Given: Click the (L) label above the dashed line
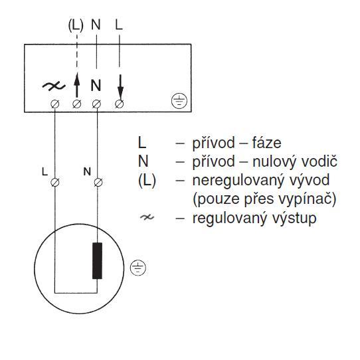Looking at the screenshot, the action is [76, 25].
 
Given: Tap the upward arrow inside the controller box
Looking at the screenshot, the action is [77, 85].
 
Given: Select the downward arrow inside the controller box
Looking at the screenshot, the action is [120, 87].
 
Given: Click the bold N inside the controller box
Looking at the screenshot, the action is [96, 85].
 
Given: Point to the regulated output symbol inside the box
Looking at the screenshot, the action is [54, 86].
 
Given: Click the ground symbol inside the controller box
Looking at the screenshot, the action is [179, 101].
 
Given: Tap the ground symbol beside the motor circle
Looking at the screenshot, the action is [137, 268].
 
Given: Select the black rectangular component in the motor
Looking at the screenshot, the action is [97, 260].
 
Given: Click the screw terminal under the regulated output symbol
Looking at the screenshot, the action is [55, 104].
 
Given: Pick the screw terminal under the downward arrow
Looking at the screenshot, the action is [119, 104].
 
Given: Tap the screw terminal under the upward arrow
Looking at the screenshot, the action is [76, 104].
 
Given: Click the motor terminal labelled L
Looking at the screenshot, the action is [55, 183].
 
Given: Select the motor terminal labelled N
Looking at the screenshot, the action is [98, 183].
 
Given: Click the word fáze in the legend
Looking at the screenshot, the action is [266, 143].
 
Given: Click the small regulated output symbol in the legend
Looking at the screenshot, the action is [147, 217].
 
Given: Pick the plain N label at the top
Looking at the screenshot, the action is [96, 25].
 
